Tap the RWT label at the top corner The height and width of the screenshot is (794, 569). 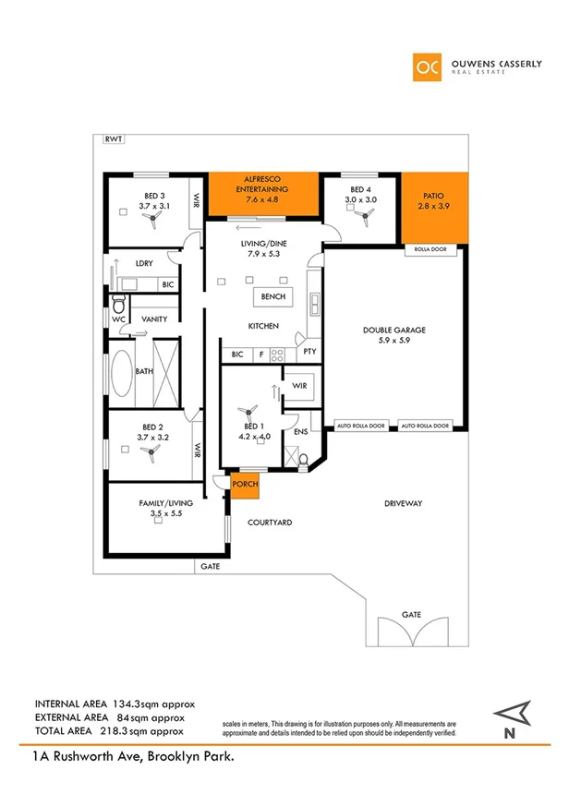pyautogui.click(x=115, y=140)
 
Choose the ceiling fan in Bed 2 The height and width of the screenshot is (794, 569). pyautogui.click(x=148, y=449)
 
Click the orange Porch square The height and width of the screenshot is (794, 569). pyautogui.click(x=245, y=486)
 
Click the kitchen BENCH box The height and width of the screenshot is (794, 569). pyautogui.click(x=272, y=297)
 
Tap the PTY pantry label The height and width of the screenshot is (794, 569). pyautogui.click(x=309, y=352)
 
